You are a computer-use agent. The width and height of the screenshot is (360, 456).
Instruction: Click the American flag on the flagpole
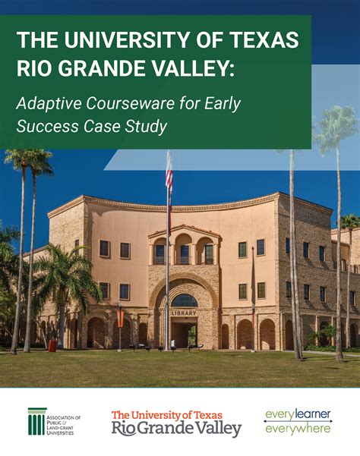point(169,175)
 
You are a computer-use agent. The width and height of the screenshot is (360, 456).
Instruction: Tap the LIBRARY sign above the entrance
point(184,312)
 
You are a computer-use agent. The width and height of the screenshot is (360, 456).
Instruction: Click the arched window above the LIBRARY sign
point(184,300)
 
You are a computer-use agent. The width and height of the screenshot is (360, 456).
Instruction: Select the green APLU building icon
point(37,422)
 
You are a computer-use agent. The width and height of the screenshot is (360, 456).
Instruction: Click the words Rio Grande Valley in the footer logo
point(176,429)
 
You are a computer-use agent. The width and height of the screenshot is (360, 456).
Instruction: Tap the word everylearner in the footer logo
point(297,415)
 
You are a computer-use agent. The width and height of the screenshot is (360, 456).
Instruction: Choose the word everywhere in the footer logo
point(297,429)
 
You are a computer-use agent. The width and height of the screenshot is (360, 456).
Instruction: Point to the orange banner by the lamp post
point(120,317)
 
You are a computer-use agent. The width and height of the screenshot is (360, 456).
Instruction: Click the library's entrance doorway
point(183,332)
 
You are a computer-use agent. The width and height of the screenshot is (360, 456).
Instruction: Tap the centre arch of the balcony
point(183,251)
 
